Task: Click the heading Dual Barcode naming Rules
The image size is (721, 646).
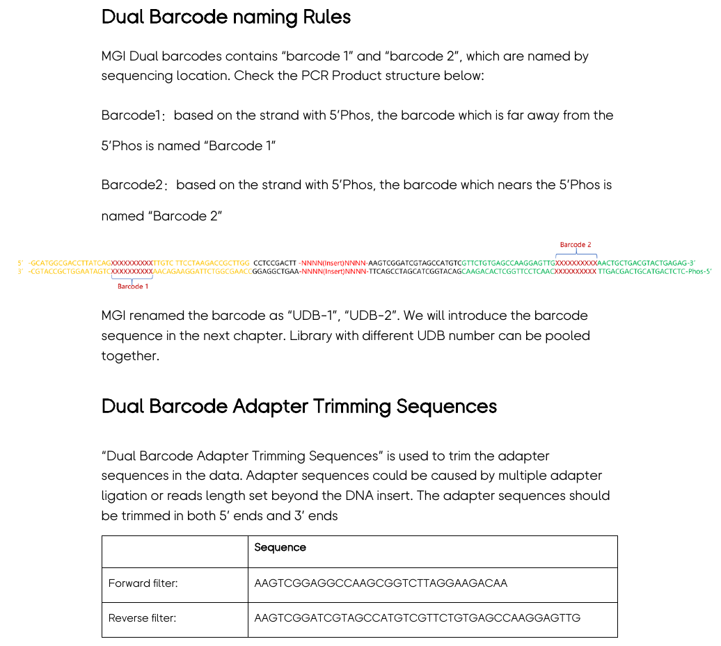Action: (x=226, y=17)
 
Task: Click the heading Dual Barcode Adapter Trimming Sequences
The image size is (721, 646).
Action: (x=299, y=406)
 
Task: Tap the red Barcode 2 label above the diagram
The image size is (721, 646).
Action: (x=576, y=245)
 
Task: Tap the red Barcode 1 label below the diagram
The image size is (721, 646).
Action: (x=132, y=286)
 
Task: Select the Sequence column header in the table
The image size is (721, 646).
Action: (x=280, y=547)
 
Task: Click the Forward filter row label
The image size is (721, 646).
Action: (x=143, y=583)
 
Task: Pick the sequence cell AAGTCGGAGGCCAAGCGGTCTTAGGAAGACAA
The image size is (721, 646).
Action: (x=381, y=583)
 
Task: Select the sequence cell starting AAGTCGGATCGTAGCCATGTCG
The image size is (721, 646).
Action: (x=417, y=618)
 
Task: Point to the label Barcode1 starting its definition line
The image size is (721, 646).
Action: (x=131, y=115)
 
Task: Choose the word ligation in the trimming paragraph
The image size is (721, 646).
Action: (x=124, y=496)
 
